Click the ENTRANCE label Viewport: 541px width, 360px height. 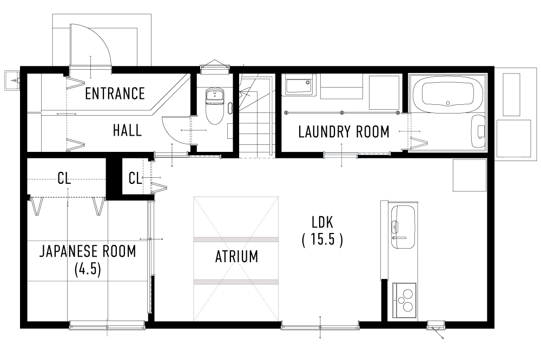115,94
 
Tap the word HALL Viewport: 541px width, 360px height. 127,130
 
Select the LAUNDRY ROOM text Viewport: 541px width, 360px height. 344,131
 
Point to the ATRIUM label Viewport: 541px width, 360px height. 236,256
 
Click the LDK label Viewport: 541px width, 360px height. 322,222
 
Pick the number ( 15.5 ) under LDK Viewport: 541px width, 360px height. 322,239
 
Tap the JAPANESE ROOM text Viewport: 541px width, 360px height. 88,251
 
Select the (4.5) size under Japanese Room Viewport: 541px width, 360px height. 88,269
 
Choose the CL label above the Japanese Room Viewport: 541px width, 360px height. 64,178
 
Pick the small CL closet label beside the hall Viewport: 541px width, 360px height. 135,178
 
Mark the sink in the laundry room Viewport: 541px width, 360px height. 299,86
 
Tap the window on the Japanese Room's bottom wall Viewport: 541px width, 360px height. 107,324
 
